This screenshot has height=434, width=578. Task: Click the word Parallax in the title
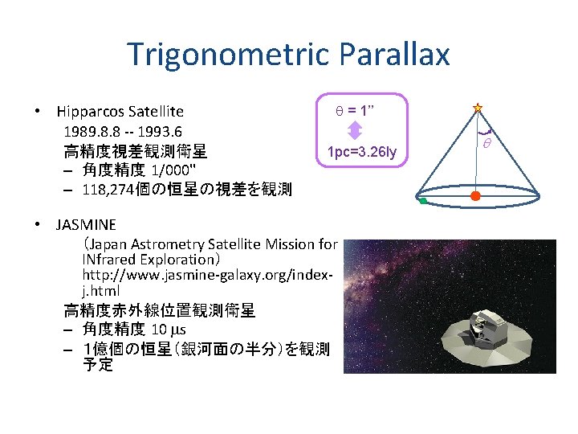pos(395,55)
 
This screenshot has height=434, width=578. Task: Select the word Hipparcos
pos(92,112)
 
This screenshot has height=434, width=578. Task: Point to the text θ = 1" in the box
pos(356,109)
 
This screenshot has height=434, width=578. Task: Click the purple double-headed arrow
pos(356,132)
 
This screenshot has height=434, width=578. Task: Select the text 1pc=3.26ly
pos(367,153)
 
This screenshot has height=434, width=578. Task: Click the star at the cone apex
pos(477,107)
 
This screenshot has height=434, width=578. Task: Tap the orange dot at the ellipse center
pos(475,195)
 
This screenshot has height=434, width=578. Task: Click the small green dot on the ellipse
pos(422,202)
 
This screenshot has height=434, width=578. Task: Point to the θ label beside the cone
pos(486,143)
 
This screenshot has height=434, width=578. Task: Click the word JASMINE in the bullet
pos(86,224)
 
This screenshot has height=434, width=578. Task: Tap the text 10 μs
pos(169,330)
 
